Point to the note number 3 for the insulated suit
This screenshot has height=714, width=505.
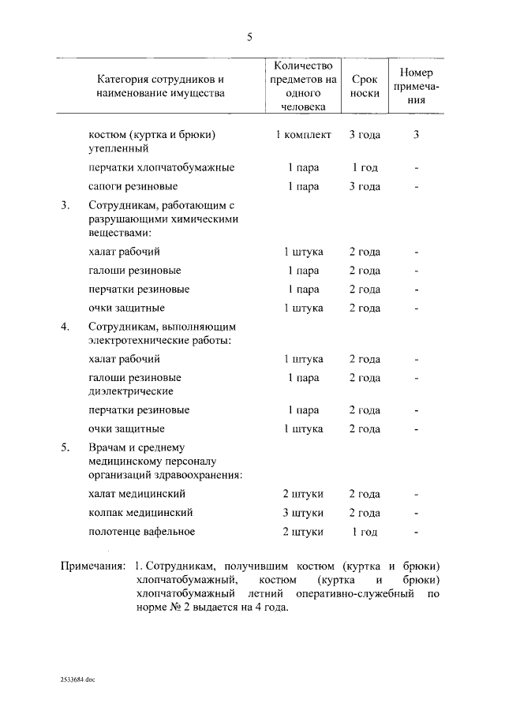point(416,135)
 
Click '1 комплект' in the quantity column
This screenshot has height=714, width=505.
point(303,135)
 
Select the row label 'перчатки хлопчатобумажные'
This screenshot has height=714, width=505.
point(161,168)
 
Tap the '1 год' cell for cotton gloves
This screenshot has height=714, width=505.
point(365,168)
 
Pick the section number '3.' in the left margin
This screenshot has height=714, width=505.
point(65,206)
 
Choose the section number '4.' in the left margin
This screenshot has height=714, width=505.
point(65,327)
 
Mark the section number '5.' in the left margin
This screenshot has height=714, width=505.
point(65,447)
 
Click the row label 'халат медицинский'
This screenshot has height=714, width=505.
point(137,495)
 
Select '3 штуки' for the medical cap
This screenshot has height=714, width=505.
point(303,514)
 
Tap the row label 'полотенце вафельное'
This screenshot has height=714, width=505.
point(141,533)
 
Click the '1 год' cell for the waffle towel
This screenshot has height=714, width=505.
point(365,533)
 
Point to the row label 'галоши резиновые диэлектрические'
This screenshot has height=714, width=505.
point(135,384)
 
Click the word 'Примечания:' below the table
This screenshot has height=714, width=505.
point(93,566)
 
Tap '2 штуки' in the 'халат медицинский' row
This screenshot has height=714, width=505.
point(303,495)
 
